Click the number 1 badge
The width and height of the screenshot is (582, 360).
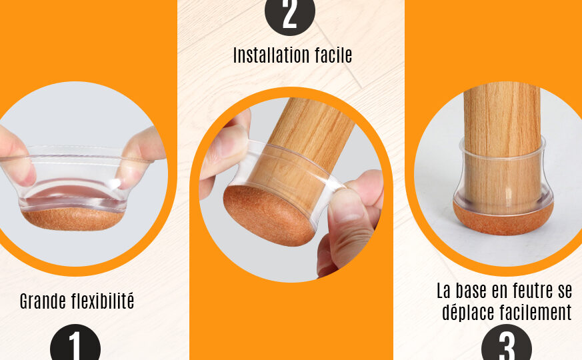(75, 343)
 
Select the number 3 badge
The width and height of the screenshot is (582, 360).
(507, 343)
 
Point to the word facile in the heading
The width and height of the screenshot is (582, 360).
(334, 55)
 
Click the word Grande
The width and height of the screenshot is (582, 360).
(43, 301)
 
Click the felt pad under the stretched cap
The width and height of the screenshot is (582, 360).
(73, 219)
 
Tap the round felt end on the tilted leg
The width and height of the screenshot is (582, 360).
(269, 215)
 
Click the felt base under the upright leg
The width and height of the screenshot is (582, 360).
(503, 219)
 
